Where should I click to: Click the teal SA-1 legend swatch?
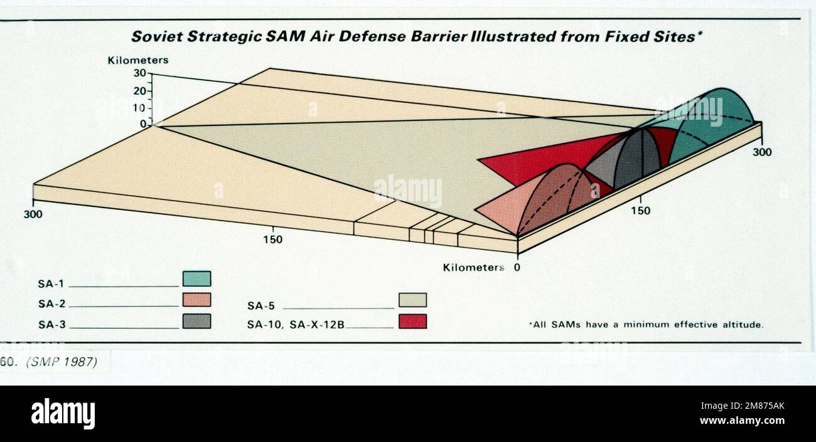(196, 279)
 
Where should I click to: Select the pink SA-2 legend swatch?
(196, 300)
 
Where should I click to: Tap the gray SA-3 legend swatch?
(196, 321)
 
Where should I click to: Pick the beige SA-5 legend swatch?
(412, 300)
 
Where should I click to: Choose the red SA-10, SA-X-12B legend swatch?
(412, 321)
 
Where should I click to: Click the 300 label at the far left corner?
(33, 214)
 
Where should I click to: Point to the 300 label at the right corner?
(763, 152)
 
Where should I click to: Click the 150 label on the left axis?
(273, 239)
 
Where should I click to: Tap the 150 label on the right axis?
(640, 211)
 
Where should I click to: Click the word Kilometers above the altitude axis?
(138, 60)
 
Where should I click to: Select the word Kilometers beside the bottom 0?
(473, 268)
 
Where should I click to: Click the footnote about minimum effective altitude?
(646, 325)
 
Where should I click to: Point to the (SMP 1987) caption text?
(62, 362)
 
